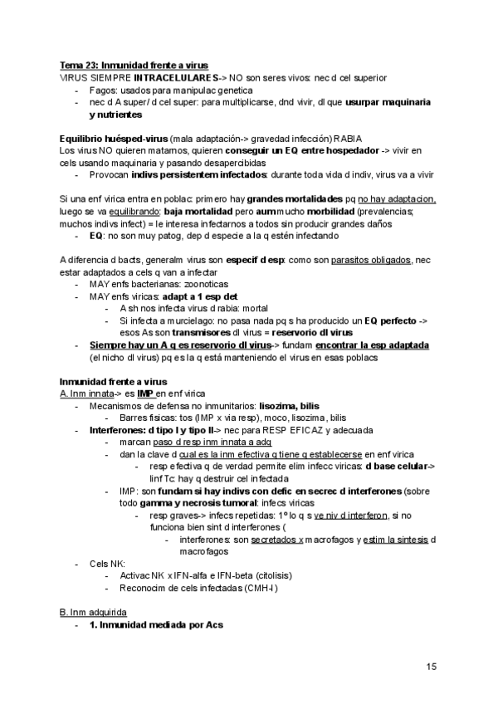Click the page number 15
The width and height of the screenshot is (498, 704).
pyautogui.click(x=432, y=667)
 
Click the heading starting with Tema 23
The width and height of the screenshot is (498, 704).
pyautogui.click(x=134, y=65)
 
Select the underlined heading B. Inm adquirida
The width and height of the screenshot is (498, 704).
pyautogui.click(x=94, y=612)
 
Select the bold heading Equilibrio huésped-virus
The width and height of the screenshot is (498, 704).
pyautogui.click(x=113, y=138)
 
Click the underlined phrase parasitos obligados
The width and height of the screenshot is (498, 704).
pyautogui.click(x=372, y=260)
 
